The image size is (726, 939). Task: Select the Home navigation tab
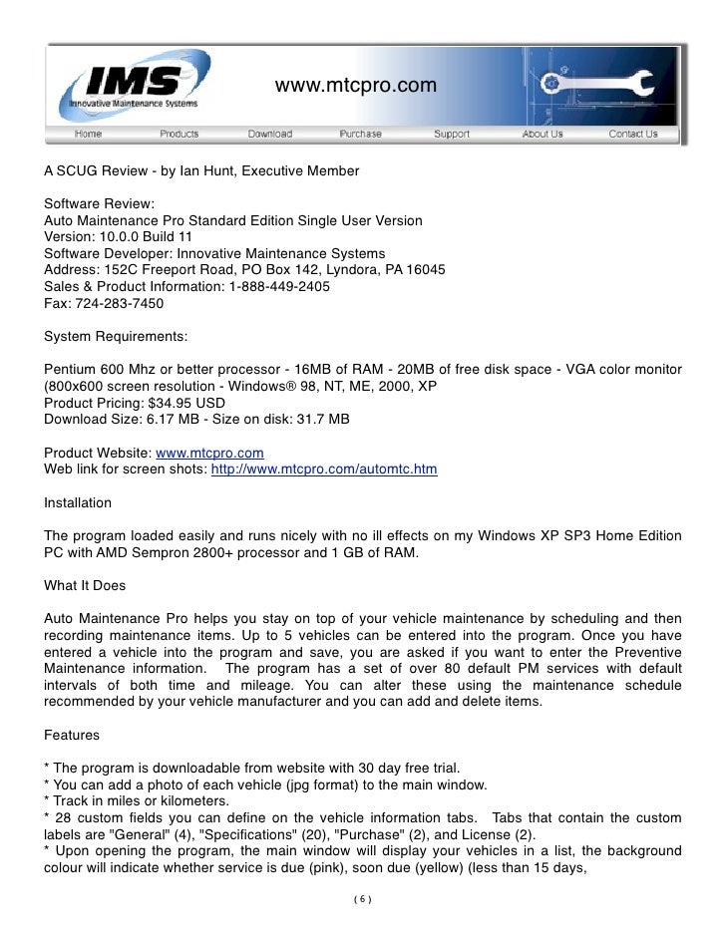(88, 134)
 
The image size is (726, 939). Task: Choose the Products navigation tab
(179, 134)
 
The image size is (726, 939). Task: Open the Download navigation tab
(269, 134)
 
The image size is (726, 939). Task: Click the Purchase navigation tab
(360, 134)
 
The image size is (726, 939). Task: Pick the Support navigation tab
(452, 134)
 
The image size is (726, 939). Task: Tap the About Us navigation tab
(543, 134)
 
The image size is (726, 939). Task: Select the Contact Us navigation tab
(633, 134)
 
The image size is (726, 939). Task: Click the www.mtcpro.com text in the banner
(355, 87)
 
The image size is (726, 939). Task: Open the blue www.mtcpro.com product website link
(209, 453)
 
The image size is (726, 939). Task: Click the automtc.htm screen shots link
(324, 469)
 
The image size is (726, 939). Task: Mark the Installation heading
(78, 502)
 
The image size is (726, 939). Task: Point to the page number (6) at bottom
(362, 900)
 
